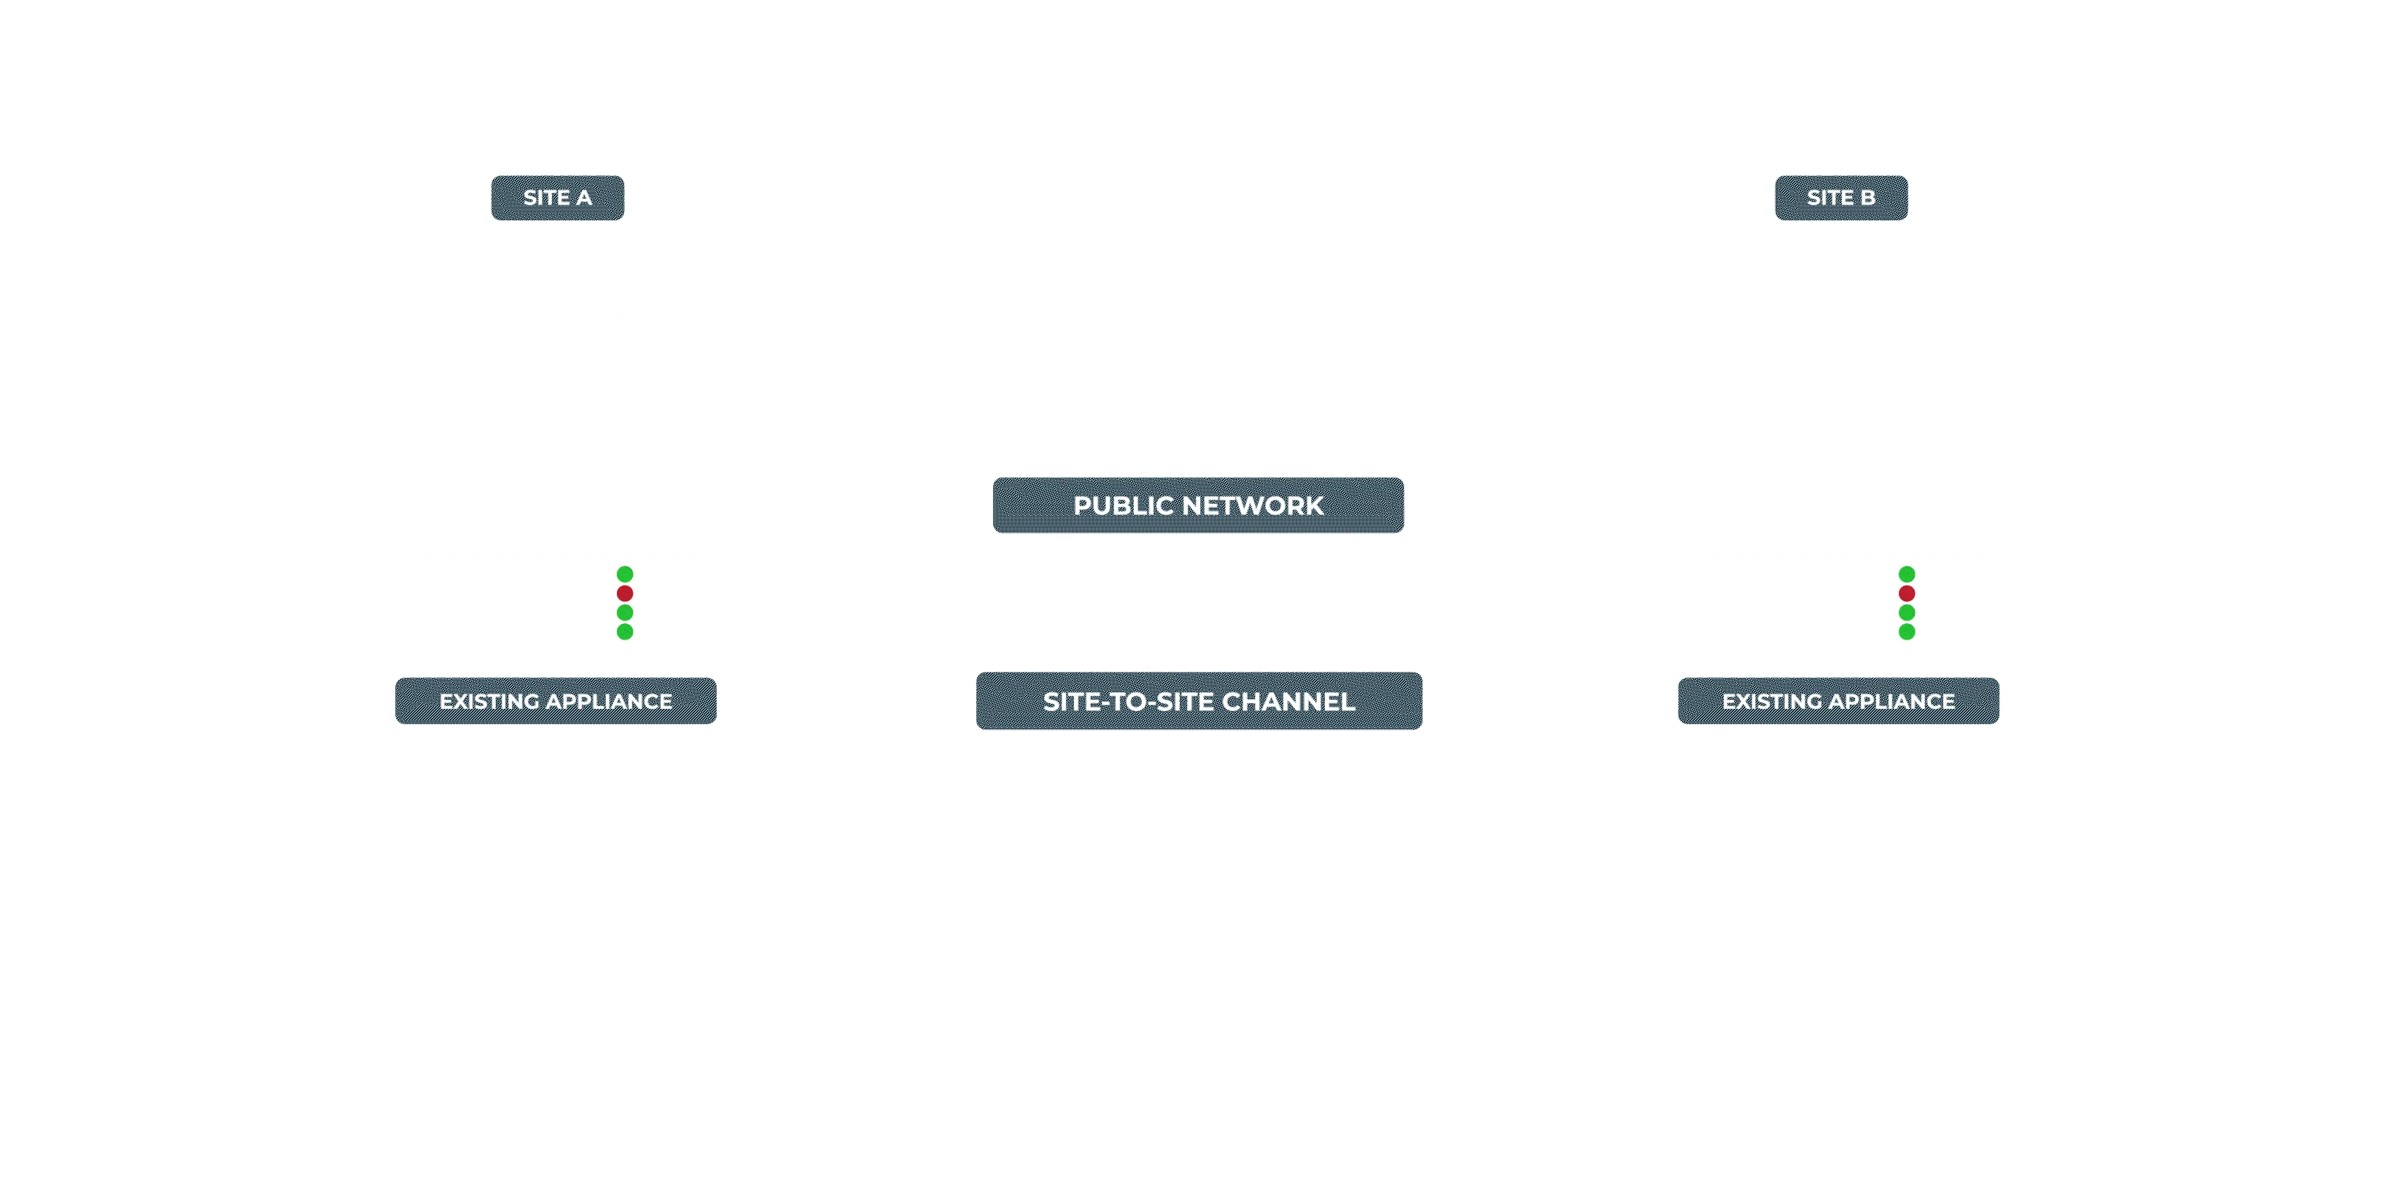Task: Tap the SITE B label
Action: point(1840,197)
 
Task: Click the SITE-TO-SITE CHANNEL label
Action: point(1199,701)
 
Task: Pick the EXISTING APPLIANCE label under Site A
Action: point(556,701)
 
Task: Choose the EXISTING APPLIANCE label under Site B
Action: point(1838,701)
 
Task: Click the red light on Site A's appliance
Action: point(625,593)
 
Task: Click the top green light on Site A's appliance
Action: point(625,574)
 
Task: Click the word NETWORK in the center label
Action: point(1254,506)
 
